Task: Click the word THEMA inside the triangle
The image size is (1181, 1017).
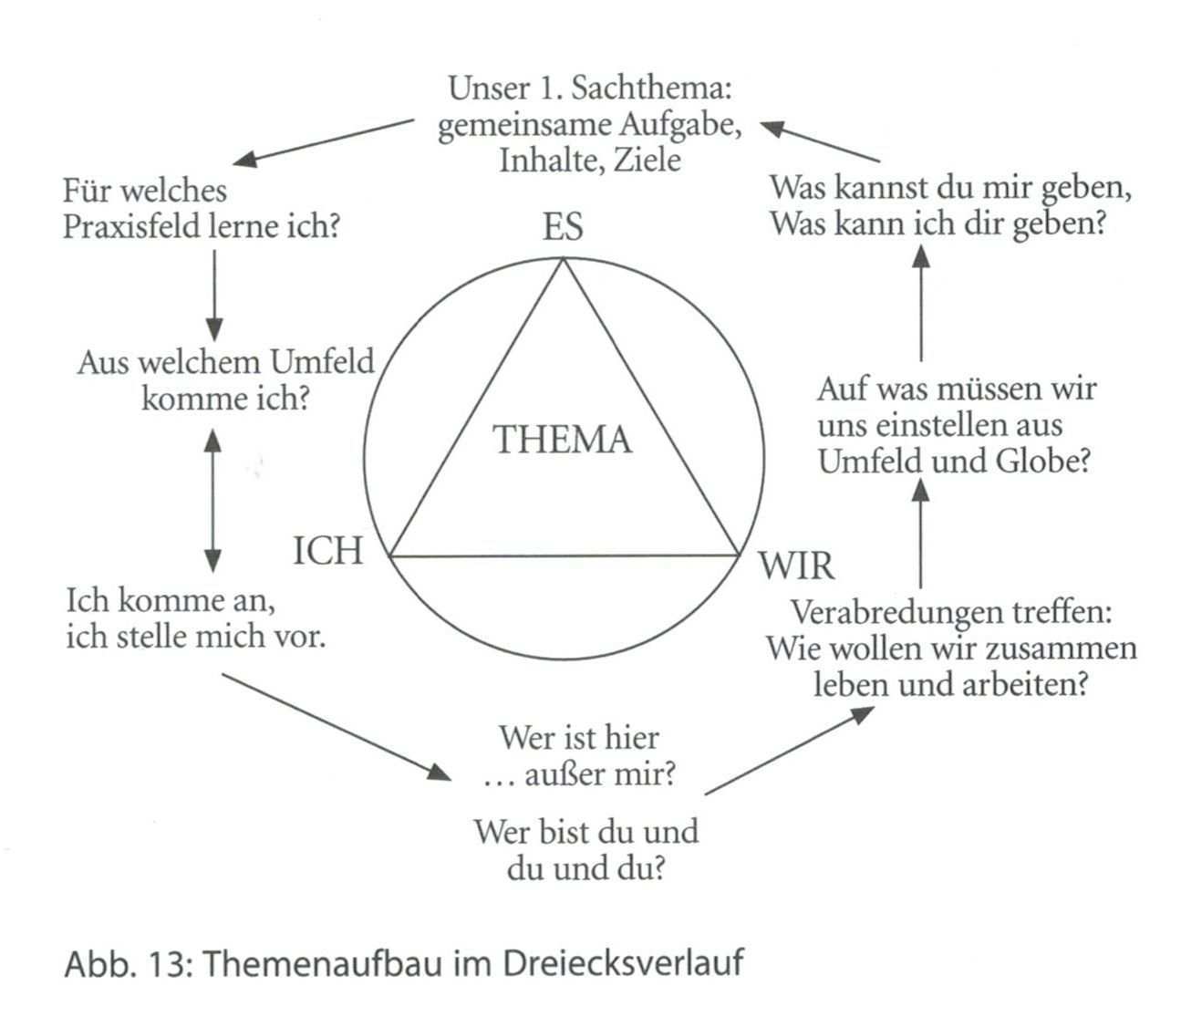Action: point(562,440)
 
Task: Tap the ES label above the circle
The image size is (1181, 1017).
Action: point(562,226)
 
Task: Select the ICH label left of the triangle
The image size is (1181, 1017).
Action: point(327,551)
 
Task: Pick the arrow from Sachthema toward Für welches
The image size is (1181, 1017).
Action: point(323,142)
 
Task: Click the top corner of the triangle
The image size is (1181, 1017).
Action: point(564,260)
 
